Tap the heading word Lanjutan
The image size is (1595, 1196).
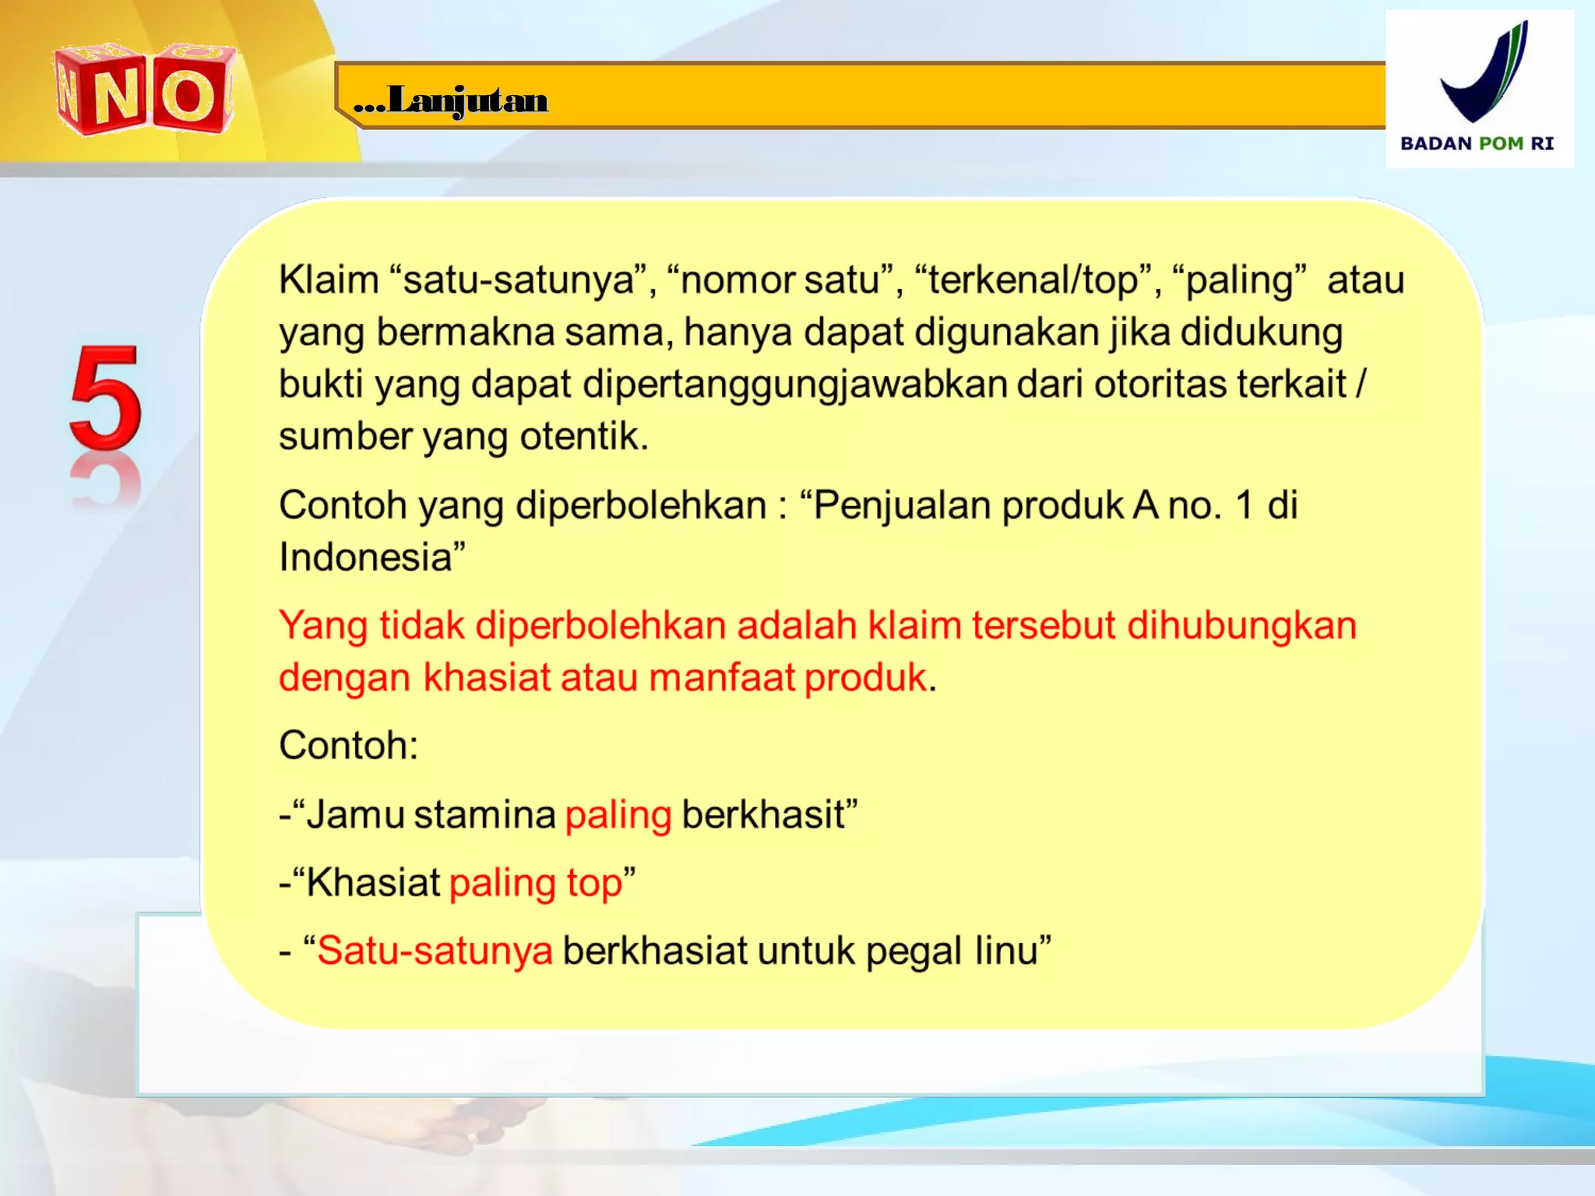(x=467, y=100)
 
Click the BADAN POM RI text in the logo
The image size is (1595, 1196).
(x=1477, y=143)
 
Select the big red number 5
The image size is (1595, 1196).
(x=106, y=399)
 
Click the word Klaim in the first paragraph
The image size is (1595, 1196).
(x=329, y=280)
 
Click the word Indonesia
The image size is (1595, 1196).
(x=367, y=558)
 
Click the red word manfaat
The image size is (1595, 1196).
(x=721, y=677)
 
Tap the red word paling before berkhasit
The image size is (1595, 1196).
(x=618, y=815)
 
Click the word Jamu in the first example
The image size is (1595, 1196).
(x=354, y=815)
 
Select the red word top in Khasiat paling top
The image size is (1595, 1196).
(x=594, y=884)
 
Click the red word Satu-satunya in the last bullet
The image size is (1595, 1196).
(x=435, y=952)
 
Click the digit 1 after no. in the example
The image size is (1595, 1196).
(x=1244, y=505)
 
